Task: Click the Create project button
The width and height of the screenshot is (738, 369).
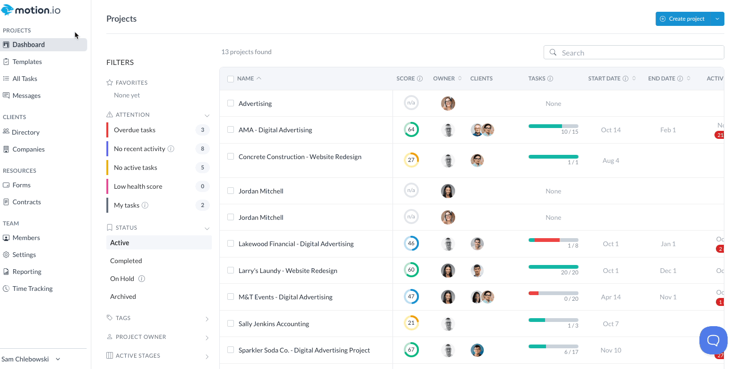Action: (x=682, y=19)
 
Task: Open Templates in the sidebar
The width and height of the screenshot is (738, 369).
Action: (x=27, y=62)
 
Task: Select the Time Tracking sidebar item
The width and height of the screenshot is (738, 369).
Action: (x=32, y=289)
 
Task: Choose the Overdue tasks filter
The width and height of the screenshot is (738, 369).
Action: (x=135, y=130)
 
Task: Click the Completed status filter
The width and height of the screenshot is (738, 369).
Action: (x=126, y=261)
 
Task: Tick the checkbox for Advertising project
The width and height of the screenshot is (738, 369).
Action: (x=231, y=103)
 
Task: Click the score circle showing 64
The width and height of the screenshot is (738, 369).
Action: (x=411, y=129)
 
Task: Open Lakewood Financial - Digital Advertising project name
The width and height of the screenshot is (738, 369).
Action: (x=296, y=244)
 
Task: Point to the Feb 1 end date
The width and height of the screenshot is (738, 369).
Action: (x=668, y=130)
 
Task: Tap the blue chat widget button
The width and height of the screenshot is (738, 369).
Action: (x=713, y=340)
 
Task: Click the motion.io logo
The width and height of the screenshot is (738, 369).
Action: (x=31, y=10)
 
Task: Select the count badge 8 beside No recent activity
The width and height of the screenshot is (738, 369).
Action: (x=202, y=149)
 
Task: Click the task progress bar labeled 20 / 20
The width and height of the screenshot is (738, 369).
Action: (x=553, y=267)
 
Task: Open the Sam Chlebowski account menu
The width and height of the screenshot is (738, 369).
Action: (x=31, y=359)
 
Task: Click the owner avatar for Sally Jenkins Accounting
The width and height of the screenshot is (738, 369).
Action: (x=448, y=324)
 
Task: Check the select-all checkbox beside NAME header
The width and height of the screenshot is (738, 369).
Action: (x=231, y=79)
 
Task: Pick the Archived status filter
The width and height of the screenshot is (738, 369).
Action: (x=123, y=297)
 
